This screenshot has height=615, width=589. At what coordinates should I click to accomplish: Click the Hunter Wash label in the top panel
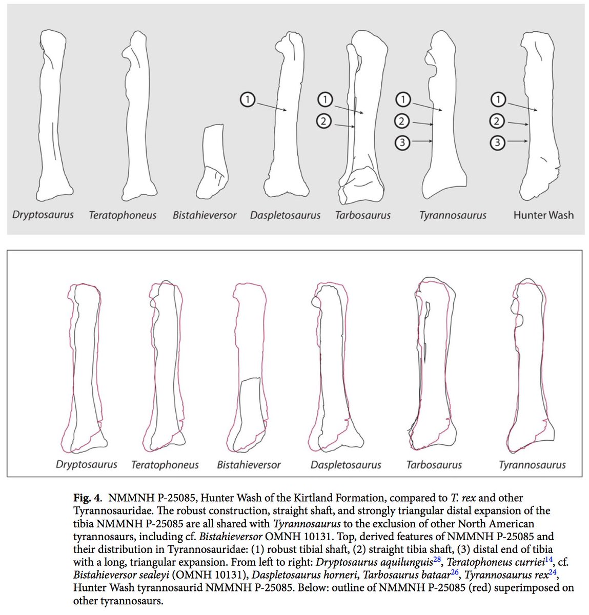[x=543, y=215]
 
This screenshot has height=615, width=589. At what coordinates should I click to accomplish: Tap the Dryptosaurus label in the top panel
[x=43, y=215]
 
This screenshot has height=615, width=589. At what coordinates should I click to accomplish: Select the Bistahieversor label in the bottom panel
[x=249, y=465]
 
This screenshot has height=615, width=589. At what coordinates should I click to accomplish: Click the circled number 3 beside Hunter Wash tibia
[x=498, y=142]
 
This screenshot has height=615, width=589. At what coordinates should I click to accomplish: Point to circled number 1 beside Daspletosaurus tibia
[x=247, y=100]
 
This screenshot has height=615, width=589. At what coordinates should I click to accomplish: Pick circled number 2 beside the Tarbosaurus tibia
[x=324, y=121]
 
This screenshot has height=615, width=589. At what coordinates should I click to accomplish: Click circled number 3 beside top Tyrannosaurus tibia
[x=403, y=142]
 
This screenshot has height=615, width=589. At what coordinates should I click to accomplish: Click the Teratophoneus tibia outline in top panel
[x=137, y=118]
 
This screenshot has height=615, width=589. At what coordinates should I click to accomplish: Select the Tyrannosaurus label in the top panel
[x=453, y=215]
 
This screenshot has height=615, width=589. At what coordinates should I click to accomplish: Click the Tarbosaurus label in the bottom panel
[x=434, y=465]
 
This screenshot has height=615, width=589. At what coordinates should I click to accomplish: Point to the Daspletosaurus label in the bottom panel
[x=346, y=465]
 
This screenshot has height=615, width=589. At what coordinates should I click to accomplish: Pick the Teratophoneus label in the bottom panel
[x=165, y=465]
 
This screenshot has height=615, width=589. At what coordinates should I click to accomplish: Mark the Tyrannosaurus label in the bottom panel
[x=532, y=465]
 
